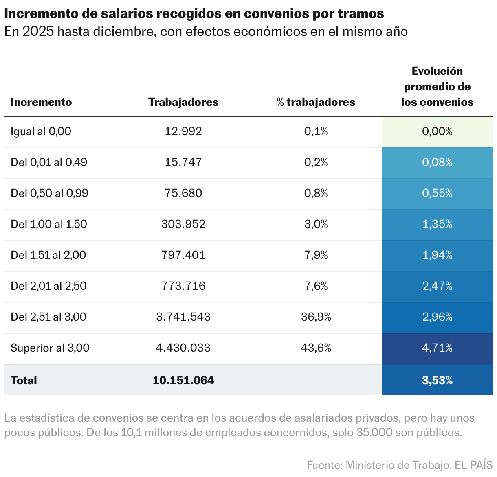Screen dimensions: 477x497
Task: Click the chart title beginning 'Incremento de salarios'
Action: tap(194, 13)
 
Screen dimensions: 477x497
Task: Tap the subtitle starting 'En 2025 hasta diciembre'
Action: tap(206, 31)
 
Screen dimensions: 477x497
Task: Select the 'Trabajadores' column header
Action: tap(183, 102)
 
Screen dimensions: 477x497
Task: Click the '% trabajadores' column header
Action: tap(316, 102)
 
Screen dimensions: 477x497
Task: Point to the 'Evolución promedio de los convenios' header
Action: tap(437, 87)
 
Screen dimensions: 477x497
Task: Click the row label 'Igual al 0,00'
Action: tap(41, 131)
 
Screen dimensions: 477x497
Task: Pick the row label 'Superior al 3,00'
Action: tap(50, 348)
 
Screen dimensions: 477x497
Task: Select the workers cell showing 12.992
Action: tap(183, 131)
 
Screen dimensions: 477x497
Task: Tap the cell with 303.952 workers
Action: tap(183, 224)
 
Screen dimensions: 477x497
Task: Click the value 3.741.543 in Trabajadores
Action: tap(183, 317)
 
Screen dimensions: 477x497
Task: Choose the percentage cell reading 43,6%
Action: tap(316, 348)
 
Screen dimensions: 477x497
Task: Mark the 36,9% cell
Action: tap(316, 317)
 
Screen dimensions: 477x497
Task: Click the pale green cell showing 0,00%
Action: tap(437, 131)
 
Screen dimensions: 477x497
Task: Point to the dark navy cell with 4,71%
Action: tap(437, 348)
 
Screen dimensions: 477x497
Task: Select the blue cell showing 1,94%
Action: tap(437, 255)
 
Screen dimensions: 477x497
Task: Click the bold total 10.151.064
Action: tap(183, 380)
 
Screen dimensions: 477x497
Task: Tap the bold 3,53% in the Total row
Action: tap(437, 380)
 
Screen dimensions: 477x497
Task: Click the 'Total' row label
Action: tap(24, 380)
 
